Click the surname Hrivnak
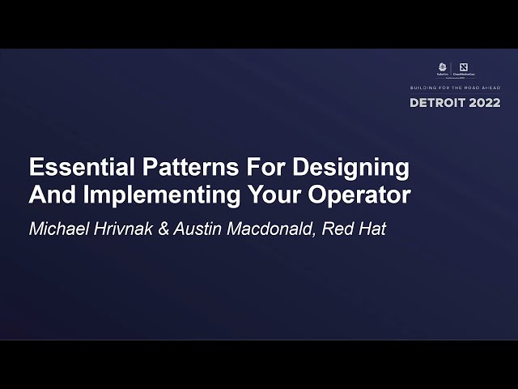(117, 229)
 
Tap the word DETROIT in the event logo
(440, 103)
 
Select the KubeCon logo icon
(442, 68)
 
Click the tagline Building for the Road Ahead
(456, 88)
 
